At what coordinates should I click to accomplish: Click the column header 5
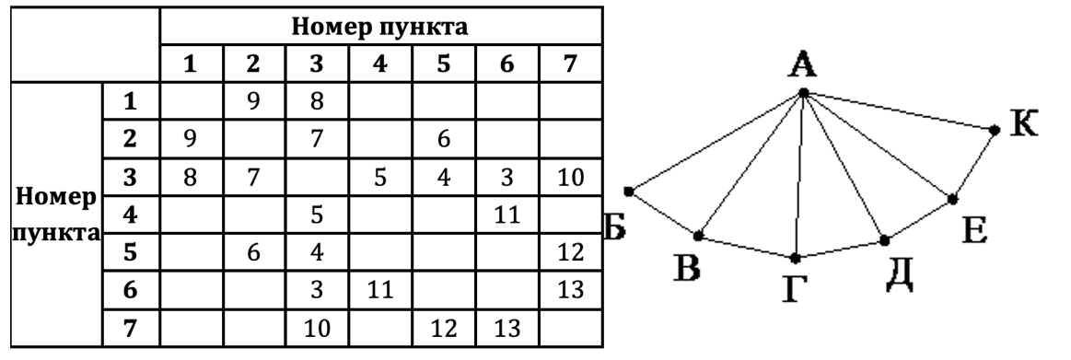coord(444,65)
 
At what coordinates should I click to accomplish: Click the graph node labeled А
coord(803,93)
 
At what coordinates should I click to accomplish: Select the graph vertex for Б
coord(628,192)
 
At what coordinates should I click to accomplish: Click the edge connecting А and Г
coord(799,175)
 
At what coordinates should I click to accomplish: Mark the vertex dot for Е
coord(952,199)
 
